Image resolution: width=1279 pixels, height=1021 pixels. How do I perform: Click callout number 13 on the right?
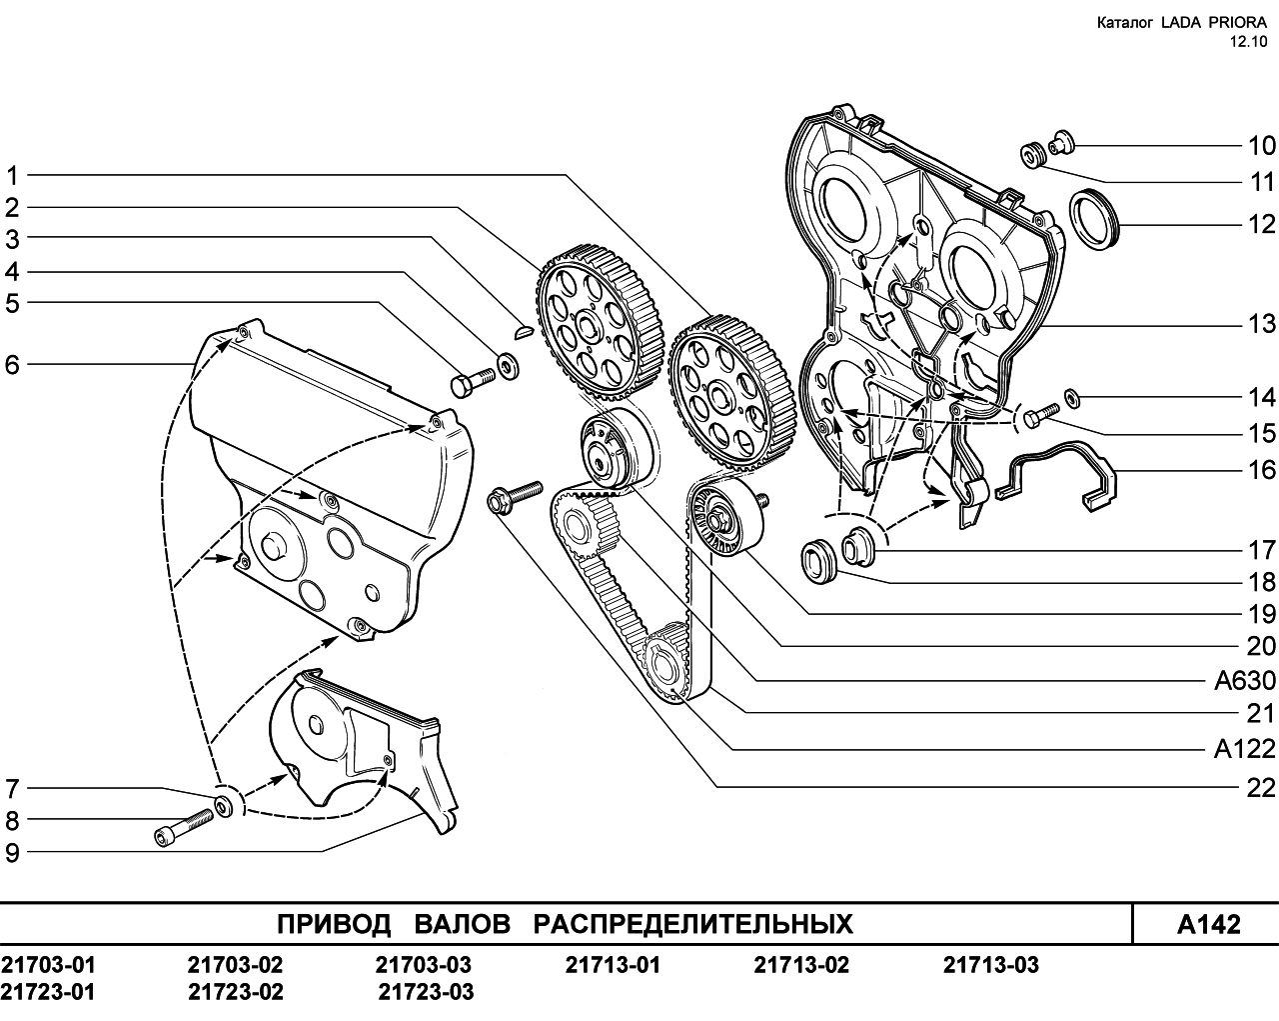pos(1260,324)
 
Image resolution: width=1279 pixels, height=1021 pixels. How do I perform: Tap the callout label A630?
pos(1245,681)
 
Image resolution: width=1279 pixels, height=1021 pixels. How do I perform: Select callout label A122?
pos(1245,749)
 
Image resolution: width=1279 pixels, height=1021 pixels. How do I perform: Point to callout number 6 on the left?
pos(12,365)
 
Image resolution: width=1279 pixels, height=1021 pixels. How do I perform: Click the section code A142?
pos(1208,925)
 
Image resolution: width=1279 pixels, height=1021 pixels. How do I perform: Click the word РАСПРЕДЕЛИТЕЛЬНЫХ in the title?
pos(693,924)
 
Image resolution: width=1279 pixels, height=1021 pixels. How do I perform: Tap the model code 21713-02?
pos(801,965)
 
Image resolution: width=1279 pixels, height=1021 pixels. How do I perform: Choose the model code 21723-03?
pos(426,992)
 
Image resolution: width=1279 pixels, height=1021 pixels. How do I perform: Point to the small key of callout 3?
pos(524,331)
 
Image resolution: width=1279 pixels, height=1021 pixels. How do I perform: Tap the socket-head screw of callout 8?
pos(183,825)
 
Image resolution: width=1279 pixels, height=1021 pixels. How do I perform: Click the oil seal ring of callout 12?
pos(1095,219)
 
